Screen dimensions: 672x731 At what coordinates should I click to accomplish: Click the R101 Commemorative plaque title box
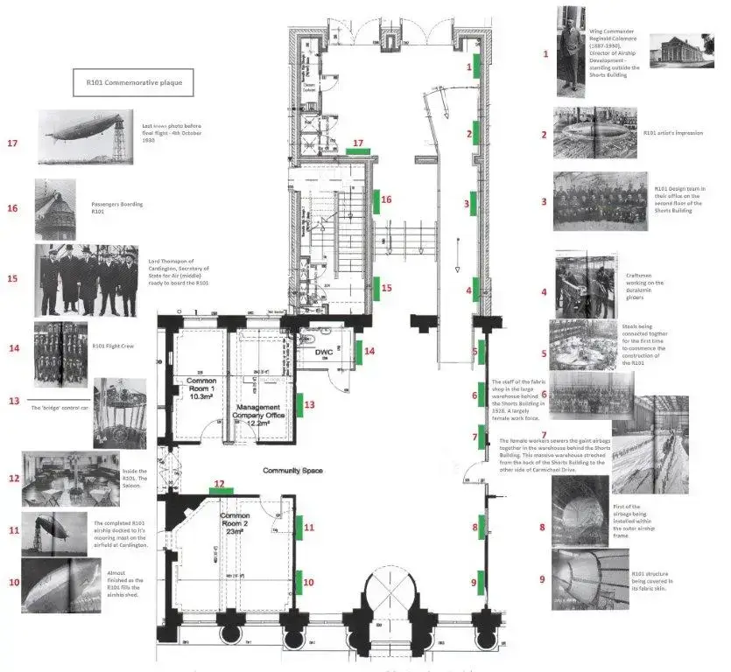point(133,83)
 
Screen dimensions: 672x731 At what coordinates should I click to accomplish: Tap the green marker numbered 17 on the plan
point(357,151)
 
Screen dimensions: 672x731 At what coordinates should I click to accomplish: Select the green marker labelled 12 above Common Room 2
point(220,492)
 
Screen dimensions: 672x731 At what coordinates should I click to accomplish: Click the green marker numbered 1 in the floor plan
point(476,66)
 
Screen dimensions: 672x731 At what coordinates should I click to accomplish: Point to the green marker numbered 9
point(481,582)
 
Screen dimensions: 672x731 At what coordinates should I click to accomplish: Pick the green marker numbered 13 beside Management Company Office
point(299,404)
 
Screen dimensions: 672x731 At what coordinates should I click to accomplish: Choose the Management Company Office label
point(257,414)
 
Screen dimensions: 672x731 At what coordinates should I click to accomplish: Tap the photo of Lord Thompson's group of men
point(86,281)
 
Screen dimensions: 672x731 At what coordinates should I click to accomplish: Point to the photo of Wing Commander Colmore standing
point(571,51)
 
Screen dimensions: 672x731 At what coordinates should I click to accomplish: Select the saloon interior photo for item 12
point(70,479)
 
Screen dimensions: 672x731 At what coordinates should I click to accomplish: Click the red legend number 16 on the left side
point(12,208)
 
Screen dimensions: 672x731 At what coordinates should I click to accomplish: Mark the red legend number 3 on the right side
point(544,201)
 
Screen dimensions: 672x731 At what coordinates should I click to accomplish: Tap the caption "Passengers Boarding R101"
point(116,208)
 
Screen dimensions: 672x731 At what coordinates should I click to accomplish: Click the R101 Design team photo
point(600,201)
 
